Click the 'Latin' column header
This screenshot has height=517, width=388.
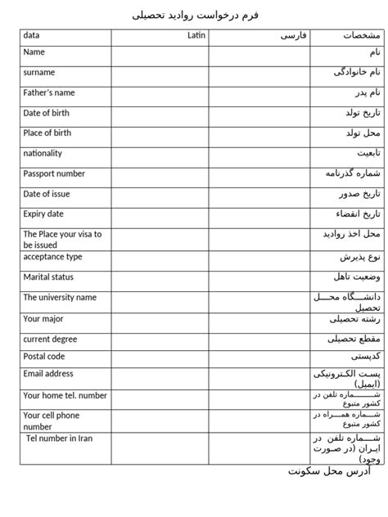point(196,36)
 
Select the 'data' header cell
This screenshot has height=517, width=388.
point(32,36)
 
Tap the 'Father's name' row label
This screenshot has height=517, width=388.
point(49,92)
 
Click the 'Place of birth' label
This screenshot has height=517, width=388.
point(47,133)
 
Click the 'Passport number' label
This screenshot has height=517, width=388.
point(54,173)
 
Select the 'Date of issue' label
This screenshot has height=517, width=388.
point(47,194)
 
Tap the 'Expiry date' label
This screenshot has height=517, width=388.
point(43,214)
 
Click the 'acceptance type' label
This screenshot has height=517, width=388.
point(52,257)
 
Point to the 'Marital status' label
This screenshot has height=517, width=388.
point(48,277)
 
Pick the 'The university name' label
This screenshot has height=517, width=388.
point(60,298)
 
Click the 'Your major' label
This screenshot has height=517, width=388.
point(43,318)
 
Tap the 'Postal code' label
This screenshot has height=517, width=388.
point(44,356)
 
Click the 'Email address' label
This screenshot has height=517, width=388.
point(48,374)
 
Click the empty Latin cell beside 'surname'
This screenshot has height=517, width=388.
point(160,76)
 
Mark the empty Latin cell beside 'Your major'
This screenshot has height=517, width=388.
point(160,321)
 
